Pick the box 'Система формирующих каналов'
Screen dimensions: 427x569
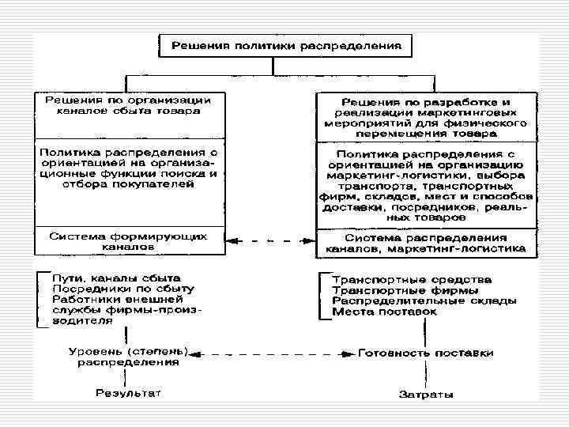pyautogui.click(x=127, y=240)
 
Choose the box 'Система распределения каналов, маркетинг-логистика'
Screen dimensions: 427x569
pyautogui.click(x=425, y=243)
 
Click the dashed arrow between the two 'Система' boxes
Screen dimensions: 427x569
pyautogui.click(x=269, y=240)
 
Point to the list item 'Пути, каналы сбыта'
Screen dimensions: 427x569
pyautogui.click(x=116, y=279)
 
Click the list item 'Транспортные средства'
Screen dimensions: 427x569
pyautogui.click(x=412, y=280)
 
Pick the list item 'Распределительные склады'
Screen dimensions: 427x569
pyautogui.click(x=424, y=301)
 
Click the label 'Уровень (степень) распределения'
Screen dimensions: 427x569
pyautogui.click(x=127, y=357)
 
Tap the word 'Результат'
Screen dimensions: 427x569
pyautogui.click(x=127, y=392)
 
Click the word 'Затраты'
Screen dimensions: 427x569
pyautogui.click(x=425, y=393)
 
